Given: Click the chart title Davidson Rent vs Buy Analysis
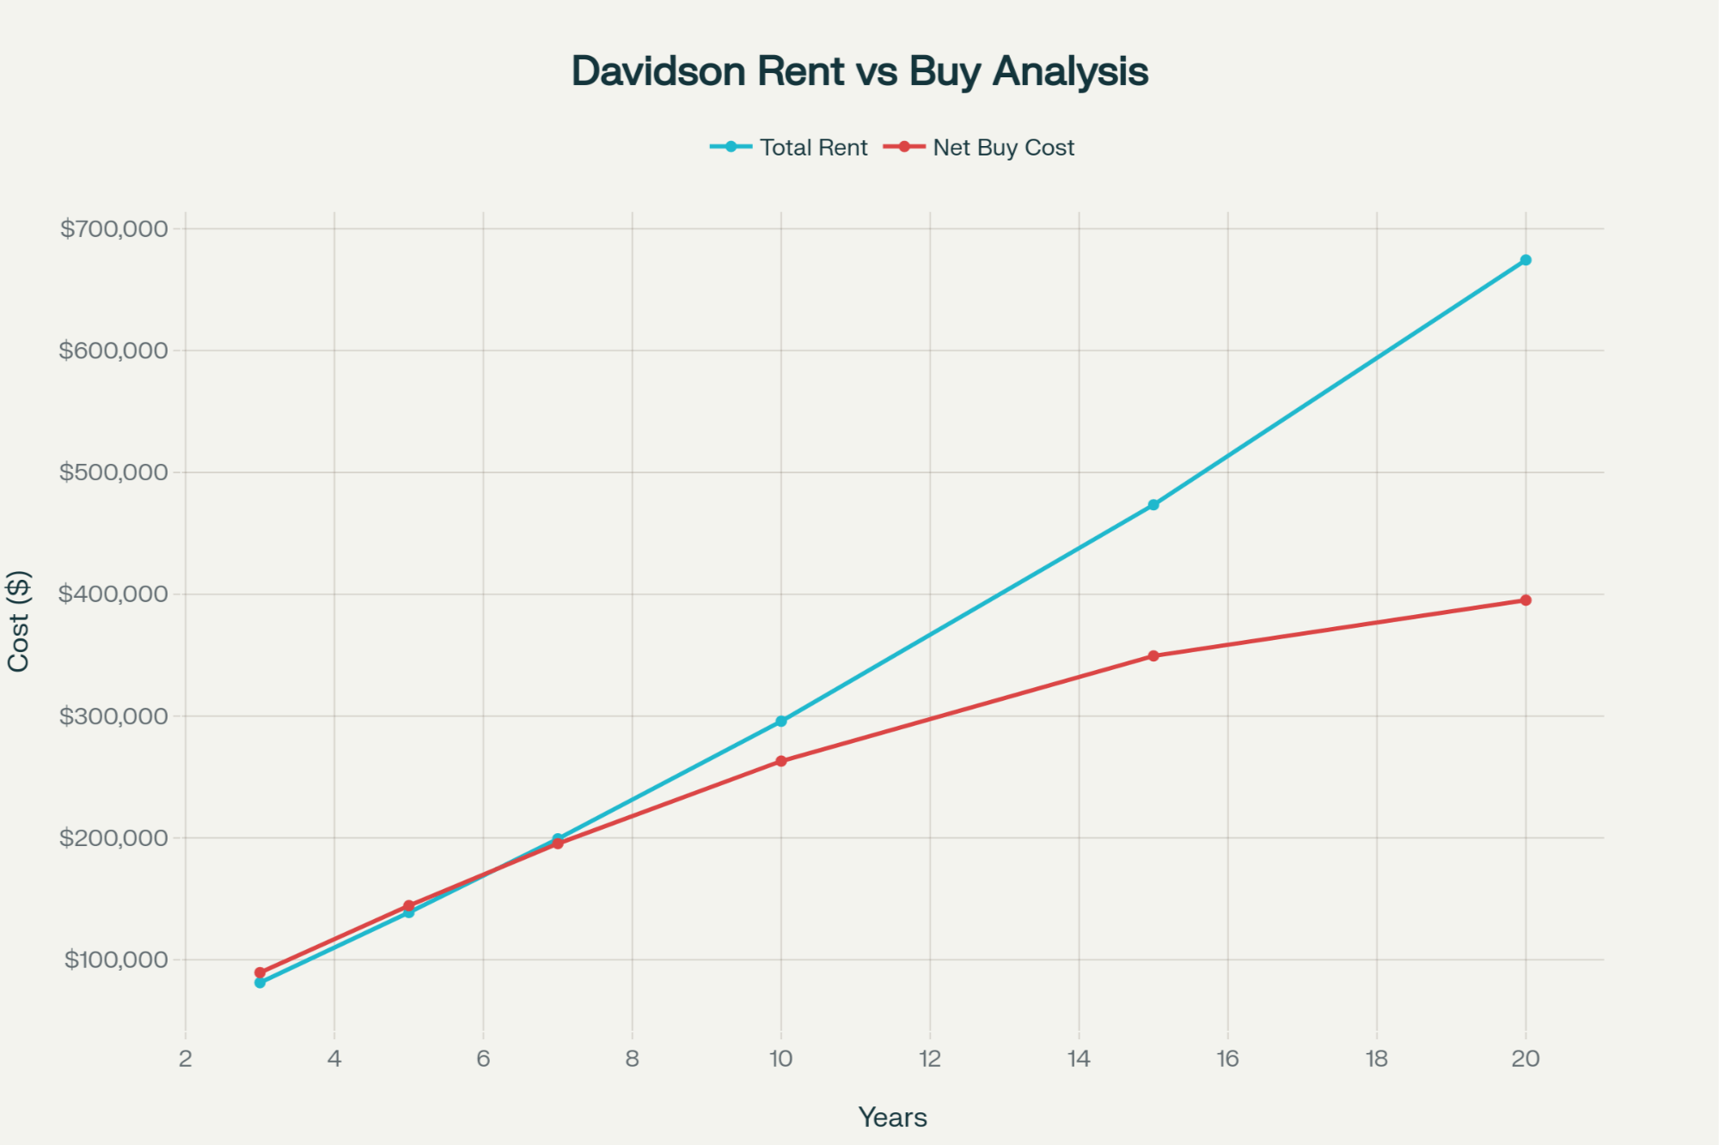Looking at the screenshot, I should tap(859, 71).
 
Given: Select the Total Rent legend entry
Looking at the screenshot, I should tap(813, 148).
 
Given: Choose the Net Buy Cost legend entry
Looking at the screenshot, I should tap(1003, 148).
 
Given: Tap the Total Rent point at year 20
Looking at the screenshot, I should tap(1526, 260).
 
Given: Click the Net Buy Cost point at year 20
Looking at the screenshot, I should tap(1526, 600).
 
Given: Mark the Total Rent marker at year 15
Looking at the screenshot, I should tap(1153, 505).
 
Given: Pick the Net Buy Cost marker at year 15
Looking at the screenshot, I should tap(1153, 655).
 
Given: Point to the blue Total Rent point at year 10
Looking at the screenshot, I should tap(781, 722).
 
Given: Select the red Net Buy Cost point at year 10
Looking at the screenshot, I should tap(781, 761).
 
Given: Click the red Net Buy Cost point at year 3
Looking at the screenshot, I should tap(260, 973).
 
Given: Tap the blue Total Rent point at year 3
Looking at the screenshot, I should tap(260, 983).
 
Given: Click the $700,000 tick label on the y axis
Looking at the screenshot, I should tap(113, 228).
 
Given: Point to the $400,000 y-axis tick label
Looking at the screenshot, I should tap(113, 594).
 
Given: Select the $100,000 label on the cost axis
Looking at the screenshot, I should tap(116, 959).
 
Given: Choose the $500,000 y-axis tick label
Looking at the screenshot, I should tap(113, 472).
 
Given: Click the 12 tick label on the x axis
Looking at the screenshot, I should tap(930, 1059).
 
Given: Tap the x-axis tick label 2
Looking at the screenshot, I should tap(186, 1059).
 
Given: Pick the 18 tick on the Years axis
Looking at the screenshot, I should tap(1377, 1059).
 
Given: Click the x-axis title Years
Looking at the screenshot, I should tap(893, 1118).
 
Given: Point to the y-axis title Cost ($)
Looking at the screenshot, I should tap(19, 620).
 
